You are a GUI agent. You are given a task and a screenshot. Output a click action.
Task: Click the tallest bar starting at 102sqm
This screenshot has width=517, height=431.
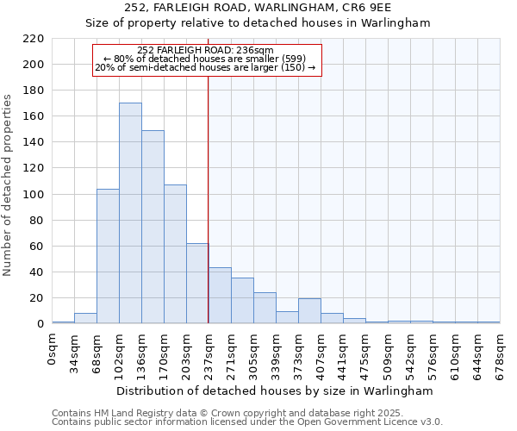[x=130, y=213]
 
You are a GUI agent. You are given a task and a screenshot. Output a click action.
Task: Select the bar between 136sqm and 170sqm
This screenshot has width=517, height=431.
[x=153, y=227]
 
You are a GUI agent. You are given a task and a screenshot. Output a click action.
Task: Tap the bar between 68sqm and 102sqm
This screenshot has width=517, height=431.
[x=108, y=256]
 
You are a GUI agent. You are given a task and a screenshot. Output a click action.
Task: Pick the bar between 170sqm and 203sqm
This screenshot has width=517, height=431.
[x=175, y=254]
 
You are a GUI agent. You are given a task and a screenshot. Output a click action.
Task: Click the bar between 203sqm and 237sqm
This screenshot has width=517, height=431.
[x=197, y=284]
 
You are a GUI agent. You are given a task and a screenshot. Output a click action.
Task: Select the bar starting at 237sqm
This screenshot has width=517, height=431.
[x=220, y=296]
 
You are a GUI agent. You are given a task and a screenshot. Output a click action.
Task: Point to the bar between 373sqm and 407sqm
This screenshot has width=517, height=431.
[x=309, y=311]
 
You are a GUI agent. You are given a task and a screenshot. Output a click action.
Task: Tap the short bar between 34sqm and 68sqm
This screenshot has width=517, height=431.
[x=85, y=318]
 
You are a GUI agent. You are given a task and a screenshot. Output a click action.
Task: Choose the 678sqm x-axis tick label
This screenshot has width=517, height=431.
[x=500, y=353]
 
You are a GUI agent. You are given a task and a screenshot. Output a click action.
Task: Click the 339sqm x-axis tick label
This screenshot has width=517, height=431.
[x=276, y=353]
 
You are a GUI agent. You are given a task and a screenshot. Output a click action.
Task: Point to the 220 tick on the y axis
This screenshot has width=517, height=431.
[x=34, y=39]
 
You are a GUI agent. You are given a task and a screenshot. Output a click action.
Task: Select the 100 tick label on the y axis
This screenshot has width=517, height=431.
[x=34, y=195]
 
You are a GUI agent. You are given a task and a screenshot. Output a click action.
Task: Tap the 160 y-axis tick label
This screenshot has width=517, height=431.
[x=34, y=116]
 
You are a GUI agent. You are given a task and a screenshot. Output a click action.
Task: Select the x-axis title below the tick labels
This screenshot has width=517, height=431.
[x=274, y=390]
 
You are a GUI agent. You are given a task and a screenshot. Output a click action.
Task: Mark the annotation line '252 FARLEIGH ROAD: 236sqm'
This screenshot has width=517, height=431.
[x=205, y=50]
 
